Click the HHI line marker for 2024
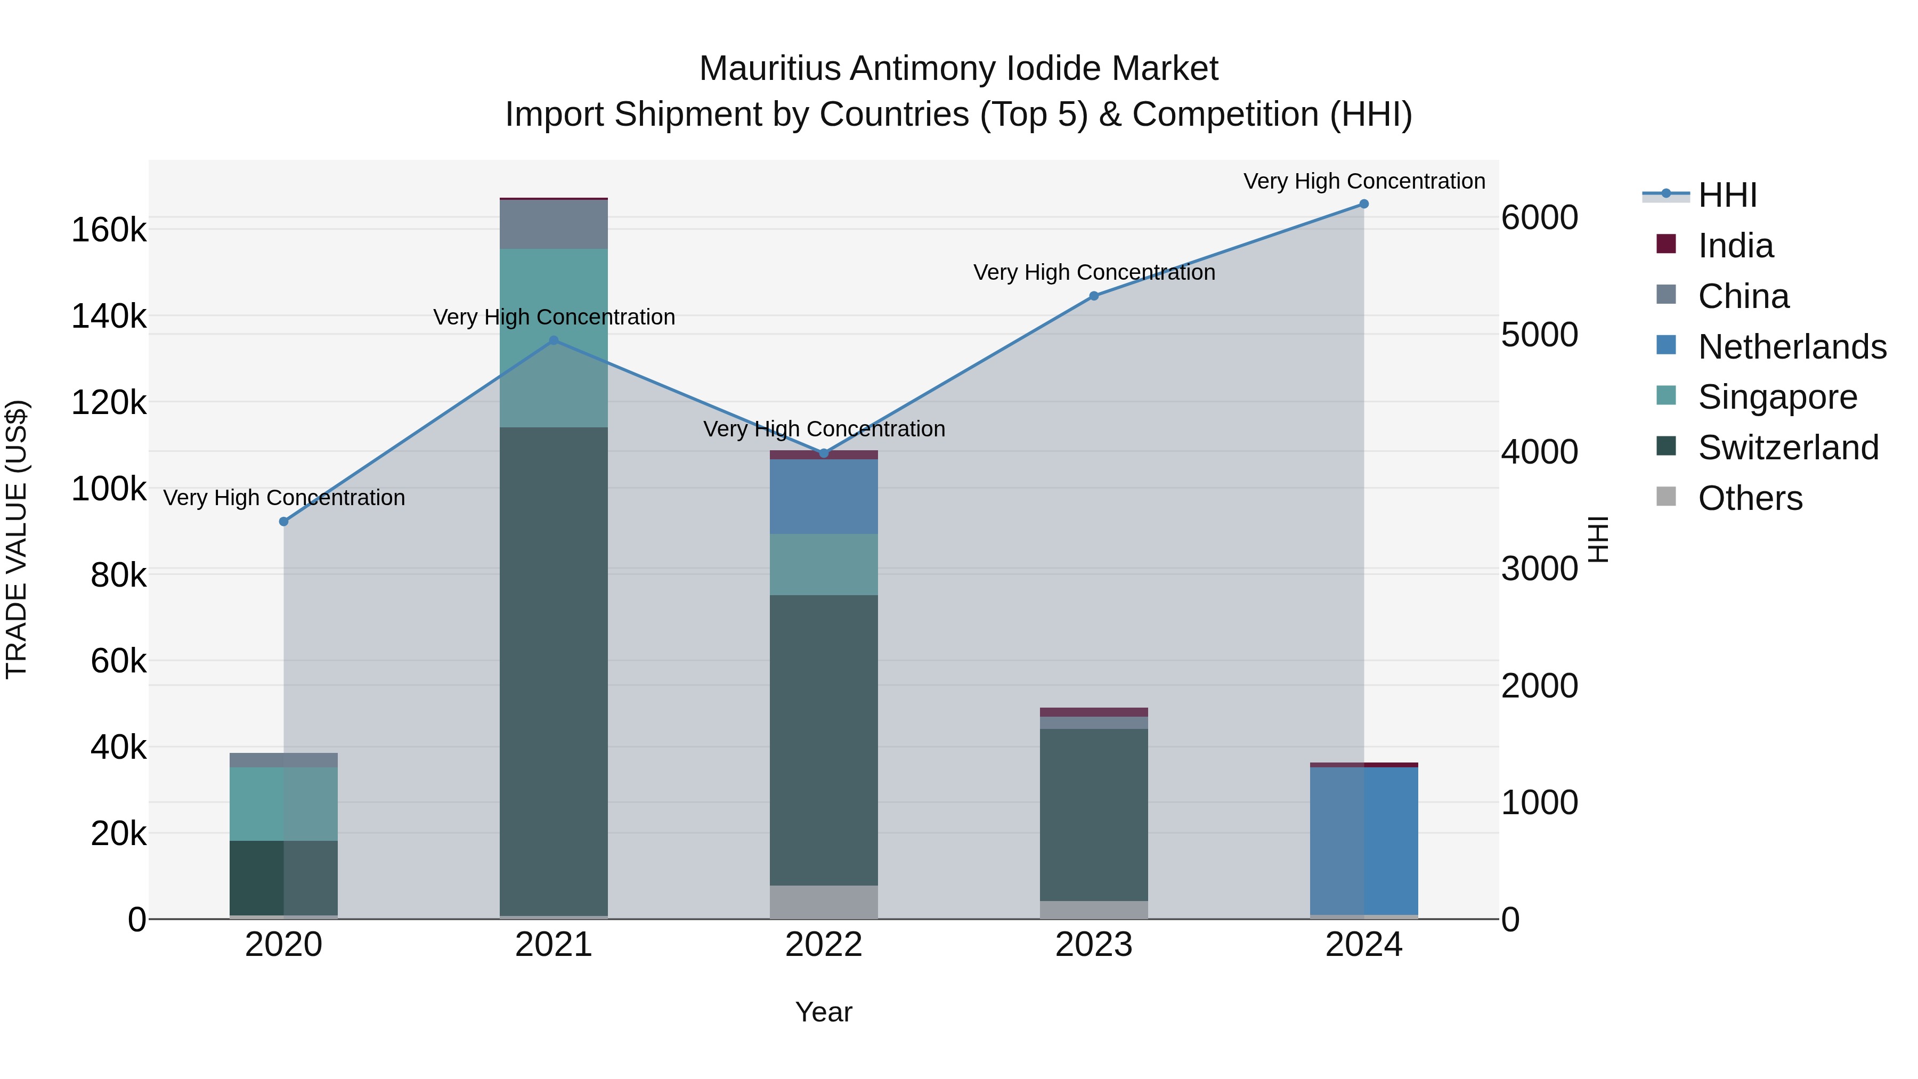pos(1363,204)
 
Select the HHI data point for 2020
pos(283,522)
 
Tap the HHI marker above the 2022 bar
pos(824,453)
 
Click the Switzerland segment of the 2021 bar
pos(553,670)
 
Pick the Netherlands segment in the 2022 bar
pos(824,497)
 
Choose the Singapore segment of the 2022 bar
pos(824,564)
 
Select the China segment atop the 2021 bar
pos(553,224)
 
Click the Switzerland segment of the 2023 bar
pos(1094,815)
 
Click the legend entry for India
pos(1735,246)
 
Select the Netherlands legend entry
pos(1791,347)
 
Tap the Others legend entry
pos(1750,498)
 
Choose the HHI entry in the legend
pos(1727,195)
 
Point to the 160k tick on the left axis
pos(109,230)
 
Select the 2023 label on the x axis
pos(1094,945)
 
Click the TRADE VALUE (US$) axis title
pos(17,539)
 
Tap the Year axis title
pos(824,1012)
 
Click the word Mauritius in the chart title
pos(769,69)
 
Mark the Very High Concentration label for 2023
pos(1094,272)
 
